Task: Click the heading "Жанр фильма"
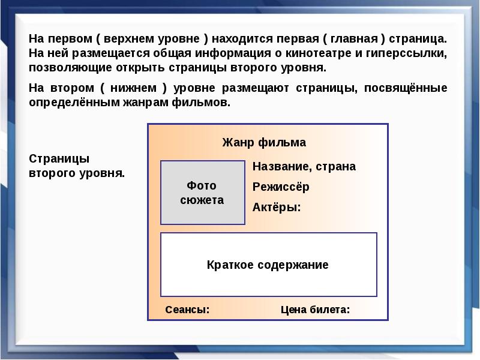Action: point(264,143)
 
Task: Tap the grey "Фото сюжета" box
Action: point(202,193)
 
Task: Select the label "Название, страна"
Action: point(304,167)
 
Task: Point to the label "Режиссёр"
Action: point(281,187)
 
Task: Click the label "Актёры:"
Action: point(277,208)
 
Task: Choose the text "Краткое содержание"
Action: point(268,265)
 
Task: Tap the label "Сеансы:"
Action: point(187,310)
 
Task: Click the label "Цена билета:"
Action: point(315,310)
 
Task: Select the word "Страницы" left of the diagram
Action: point(59,159)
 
